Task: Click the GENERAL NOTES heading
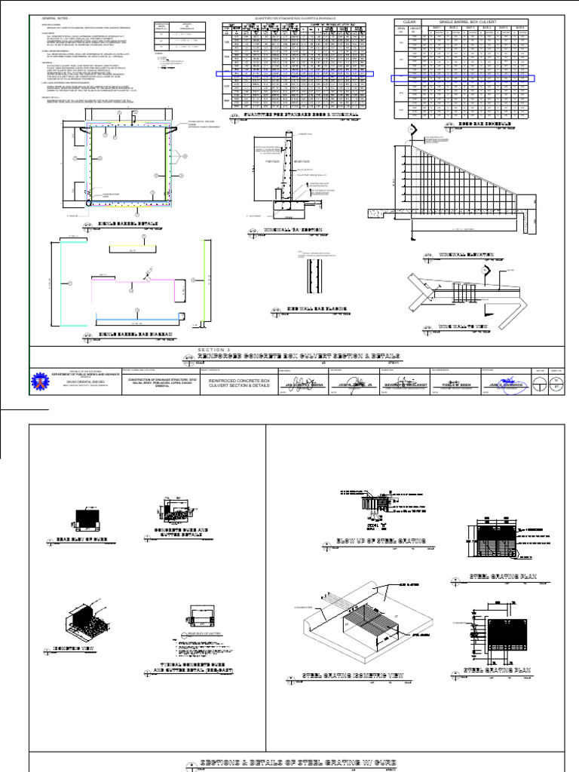[x=54, y=17]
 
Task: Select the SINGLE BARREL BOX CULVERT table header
[x=475, y=22]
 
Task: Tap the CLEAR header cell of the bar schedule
[x=410, y=22]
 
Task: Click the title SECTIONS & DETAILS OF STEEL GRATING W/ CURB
[x=297, y=763]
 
